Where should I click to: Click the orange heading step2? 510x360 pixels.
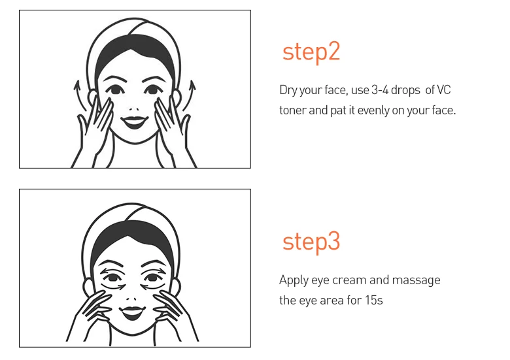(311, 52)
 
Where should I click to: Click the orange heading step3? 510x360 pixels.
(311, 242)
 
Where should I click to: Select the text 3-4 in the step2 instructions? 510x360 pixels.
(380, 90)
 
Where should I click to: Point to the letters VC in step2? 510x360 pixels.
(444, 90)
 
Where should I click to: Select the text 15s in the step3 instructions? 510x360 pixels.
(374, 300)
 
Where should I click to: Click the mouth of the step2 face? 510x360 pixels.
(134, 122)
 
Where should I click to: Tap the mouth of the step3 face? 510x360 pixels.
(132, 312)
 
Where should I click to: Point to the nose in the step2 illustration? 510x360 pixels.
(133, 110)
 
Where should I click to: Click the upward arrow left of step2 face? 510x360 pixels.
(80, 96)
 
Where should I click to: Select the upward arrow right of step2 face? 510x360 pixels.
(189, 95)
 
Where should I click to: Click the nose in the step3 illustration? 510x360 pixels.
(131, 299)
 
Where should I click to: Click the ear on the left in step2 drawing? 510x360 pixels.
(93, 97)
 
